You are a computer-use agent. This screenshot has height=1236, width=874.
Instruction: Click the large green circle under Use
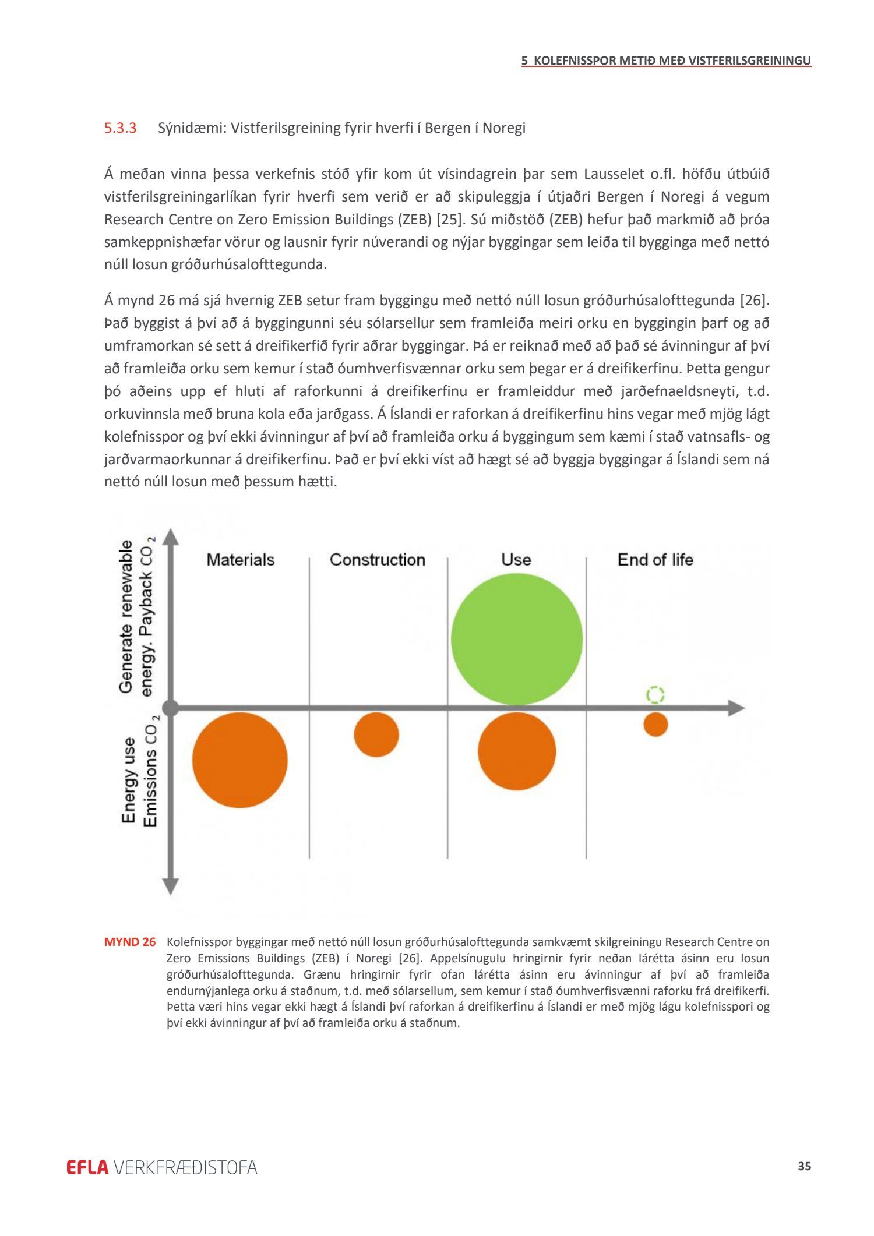point(517,639)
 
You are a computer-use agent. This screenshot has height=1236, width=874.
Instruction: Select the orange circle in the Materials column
point(240,760)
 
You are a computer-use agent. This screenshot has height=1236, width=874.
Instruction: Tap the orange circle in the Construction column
point(376,734)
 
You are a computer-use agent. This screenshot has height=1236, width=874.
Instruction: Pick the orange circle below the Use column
point(517,751)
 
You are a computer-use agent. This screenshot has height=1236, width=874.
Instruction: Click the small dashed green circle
point(655,694)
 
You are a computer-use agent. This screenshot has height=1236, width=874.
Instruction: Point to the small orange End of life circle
point(655,725)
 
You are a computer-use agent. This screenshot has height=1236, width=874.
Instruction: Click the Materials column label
point(240,560)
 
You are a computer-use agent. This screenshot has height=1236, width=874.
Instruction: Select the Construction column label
point(378,560)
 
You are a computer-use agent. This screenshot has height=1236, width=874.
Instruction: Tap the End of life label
point(655,560)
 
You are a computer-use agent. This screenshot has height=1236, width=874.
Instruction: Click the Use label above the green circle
point(516,560)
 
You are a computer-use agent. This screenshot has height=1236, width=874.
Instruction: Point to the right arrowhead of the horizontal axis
point(736,708)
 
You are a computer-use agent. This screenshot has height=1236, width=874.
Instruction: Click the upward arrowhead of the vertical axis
point(170,536)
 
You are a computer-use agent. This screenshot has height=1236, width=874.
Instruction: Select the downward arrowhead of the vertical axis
point(170,886)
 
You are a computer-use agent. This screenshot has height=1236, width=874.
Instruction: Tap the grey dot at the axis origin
point(170,708)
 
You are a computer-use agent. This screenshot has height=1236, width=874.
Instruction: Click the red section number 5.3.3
point(120,128)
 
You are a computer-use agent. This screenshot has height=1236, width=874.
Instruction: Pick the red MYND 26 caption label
point(130,942)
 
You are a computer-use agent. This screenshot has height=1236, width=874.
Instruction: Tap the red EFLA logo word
point(87,1167)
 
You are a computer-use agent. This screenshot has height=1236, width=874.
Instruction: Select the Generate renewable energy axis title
point(136,617)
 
